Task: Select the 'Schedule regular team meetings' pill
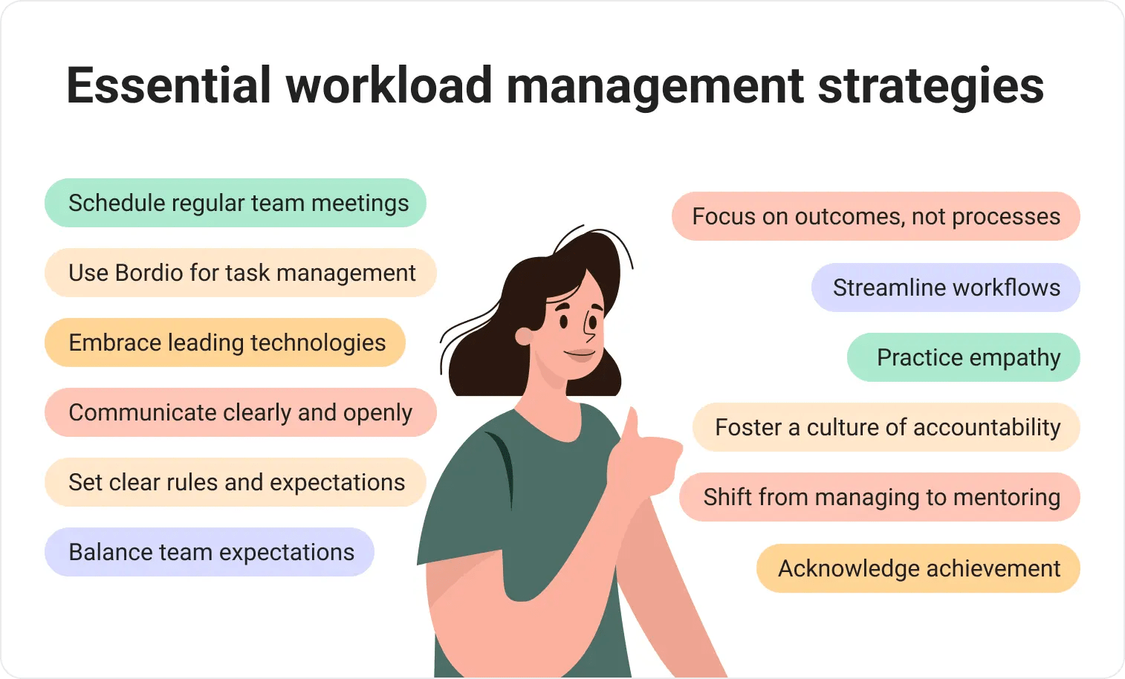point(236,203)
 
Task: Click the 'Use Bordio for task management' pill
point(240,273)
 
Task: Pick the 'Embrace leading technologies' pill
point(225,342)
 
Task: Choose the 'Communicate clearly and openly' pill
point(240,412)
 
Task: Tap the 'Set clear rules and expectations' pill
point(236,482)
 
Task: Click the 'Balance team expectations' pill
point(210,552)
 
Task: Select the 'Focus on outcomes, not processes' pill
point(875,216)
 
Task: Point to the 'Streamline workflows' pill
point(945,287)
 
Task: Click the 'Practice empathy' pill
point(963,357)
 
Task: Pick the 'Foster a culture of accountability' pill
point(886,427)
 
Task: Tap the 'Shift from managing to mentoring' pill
point(880,497)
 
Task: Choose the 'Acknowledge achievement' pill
point(918,568)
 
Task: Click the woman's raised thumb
point(632,427)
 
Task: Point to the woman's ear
point(525,337)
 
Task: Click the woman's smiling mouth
point(580,354)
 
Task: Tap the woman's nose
point(592,328)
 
